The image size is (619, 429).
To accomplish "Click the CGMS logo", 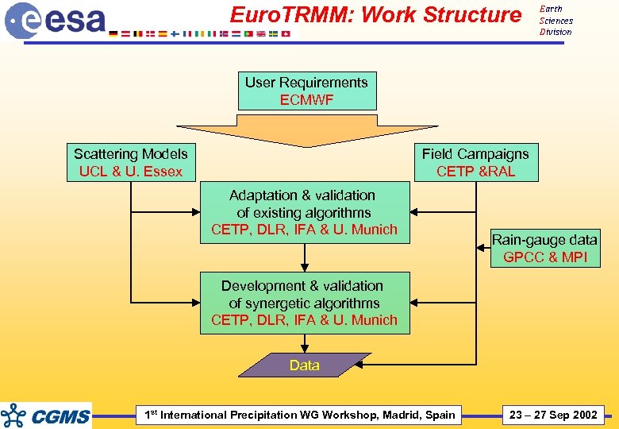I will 47,415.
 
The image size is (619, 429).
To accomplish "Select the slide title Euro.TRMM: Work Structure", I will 375,15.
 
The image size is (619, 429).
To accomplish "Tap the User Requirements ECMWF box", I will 307,91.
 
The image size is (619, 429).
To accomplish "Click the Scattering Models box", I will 131,162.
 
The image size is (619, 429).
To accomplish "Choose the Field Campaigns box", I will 475,162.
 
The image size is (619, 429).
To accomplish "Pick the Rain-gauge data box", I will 544,248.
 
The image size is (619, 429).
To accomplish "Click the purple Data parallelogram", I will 305,365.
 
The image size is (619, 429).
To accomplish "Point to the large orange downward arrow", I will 306,129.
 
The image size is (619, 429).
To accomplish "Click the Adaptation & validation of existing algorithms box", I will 304,212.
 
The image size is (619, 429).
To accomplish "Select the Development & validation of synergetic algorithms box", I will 304,303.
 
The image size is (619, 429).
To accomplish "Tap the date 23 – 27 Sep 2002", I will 553,415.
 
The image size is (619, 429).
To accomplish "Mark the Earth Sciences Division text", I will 556,21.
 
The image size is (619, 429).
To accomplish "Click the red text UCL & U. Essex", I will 131,172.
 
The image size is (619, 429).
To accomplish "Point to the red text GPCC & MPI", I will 544,257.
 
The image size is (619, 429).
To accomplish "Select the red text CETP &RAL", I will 475,172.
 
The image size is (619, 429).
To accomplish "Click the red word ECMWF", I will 307,100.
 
